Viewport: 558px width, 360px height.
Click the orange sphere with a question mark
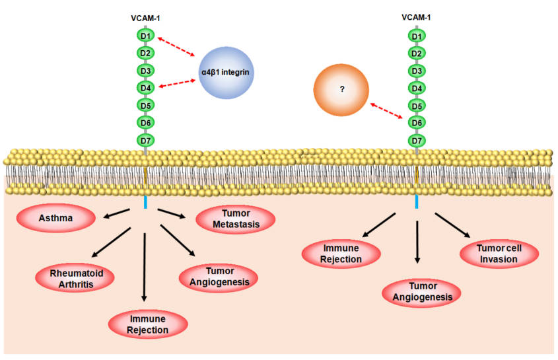(343, 89)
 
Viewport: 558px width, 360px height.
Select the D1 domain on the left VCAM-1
(146, 34)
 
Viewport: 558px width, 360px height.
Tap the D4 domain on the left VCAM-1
(146, 87)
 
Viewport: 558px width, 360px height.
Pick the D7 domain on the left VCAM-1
(146, 140)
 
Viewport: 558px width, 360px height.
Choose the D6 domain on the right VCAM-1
(417, 123)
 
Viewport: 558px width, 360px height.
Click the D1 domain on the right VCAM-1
(417, 35)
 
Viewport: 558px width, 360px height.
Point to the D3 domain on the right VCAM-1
(417, 70)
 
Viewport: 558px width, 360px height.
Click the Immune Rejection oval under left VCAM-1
(149, 324)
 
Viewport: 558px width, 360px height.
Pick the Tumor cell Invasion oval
(499, 252)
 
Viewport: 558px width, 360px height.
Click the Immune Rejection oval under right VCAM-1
(341, 254)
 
